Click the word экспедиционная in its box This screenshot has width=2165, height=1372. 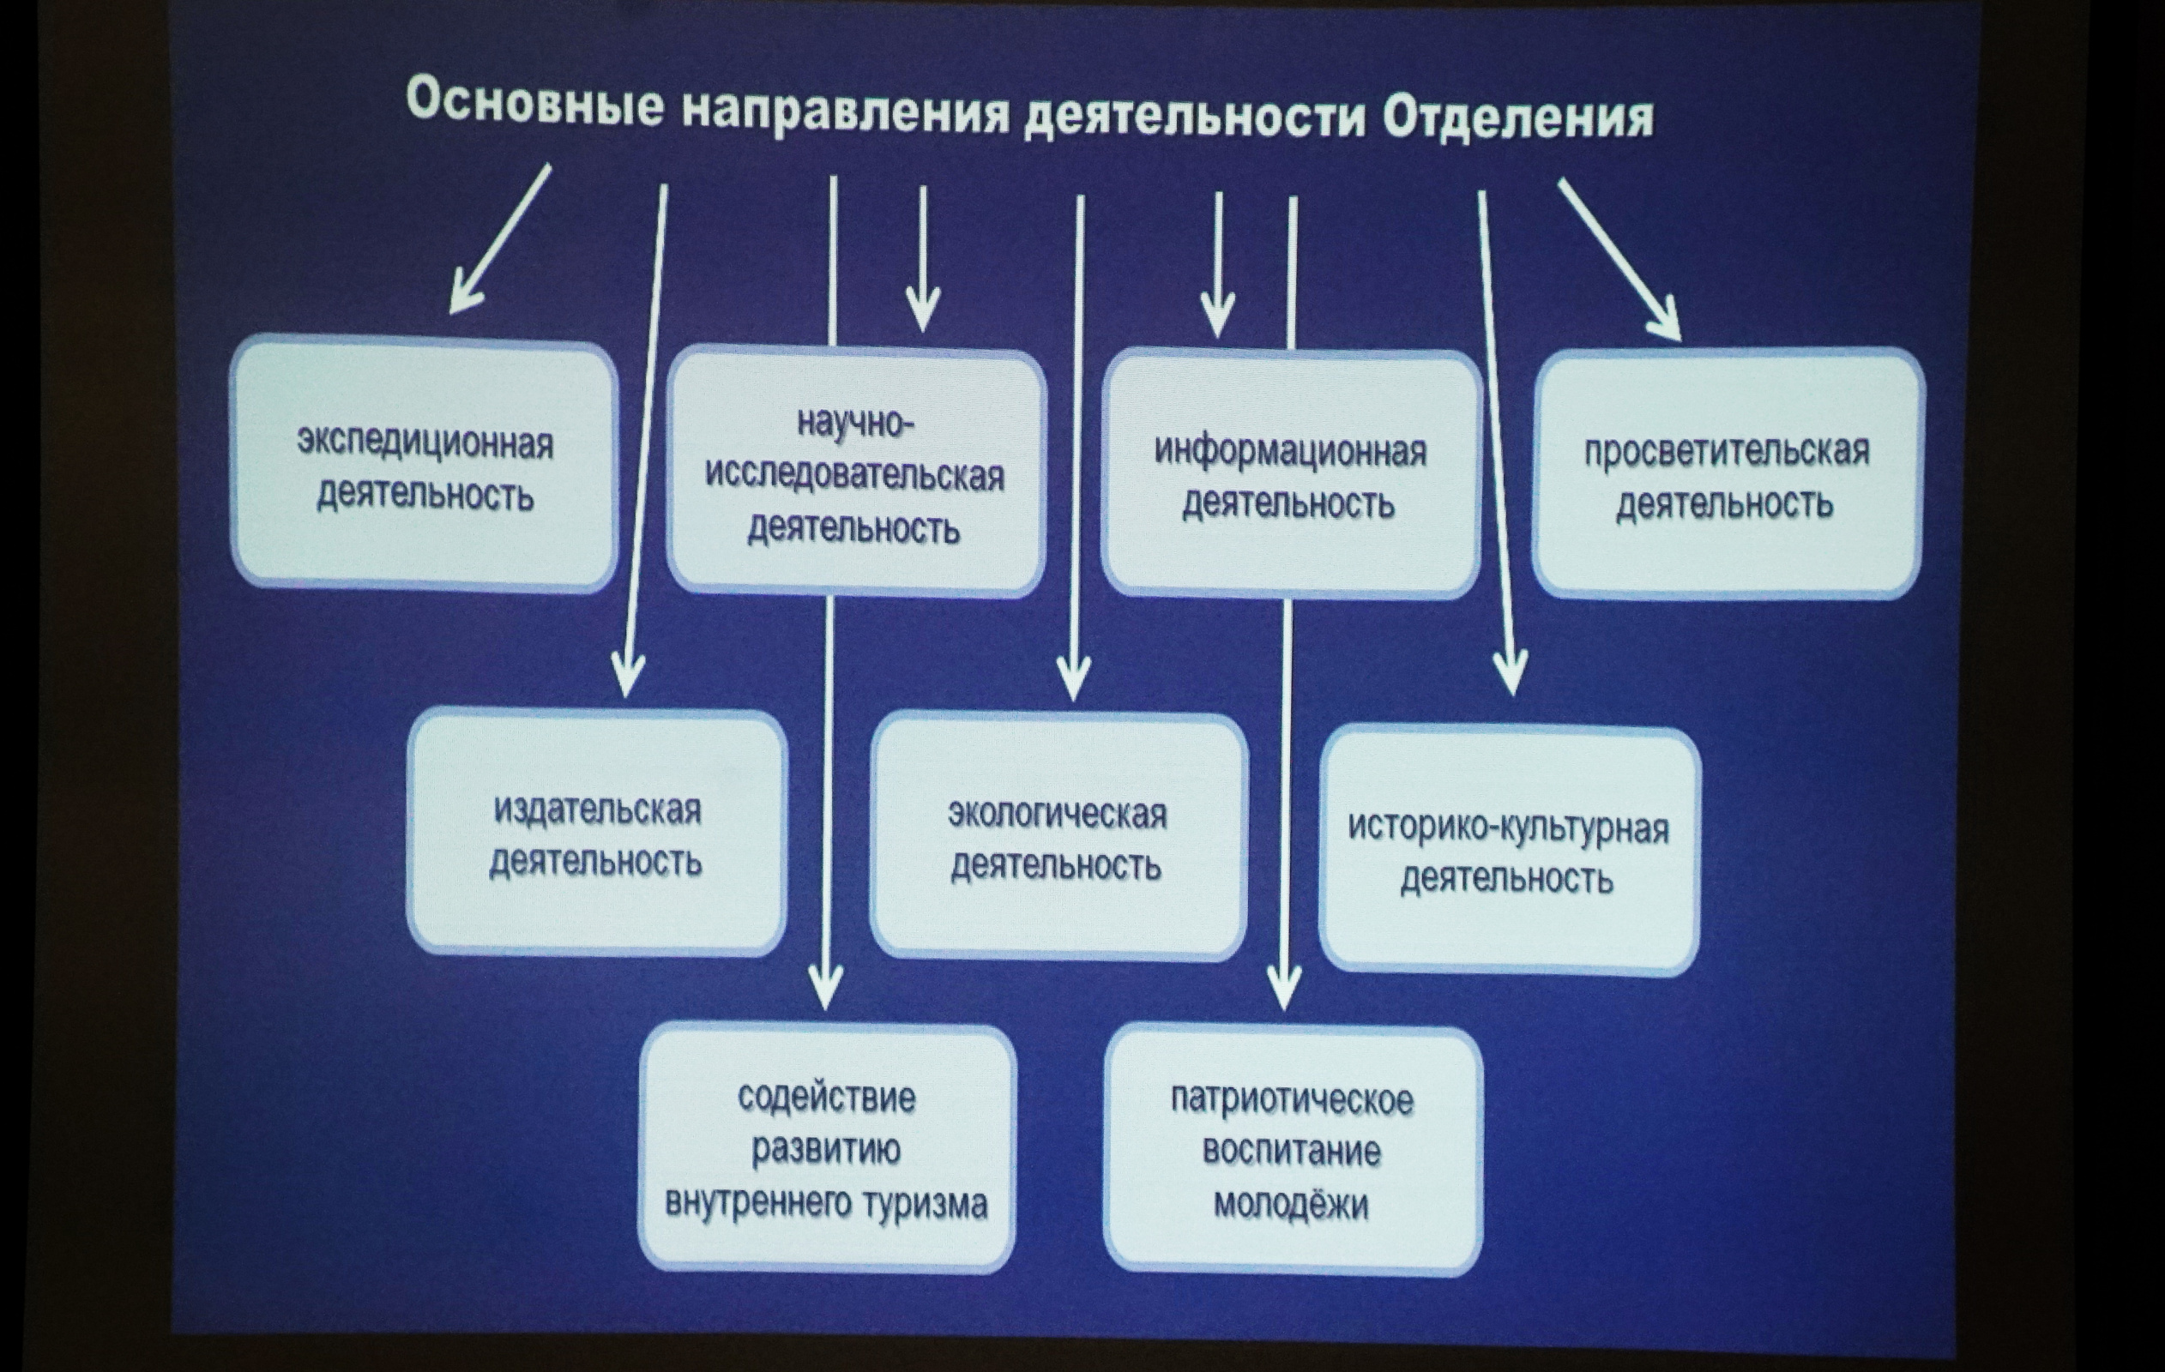pyautogui.click(x=425, y=443)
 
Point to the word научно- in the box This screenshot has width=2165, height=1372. pyautogui.click(x=855, y=423)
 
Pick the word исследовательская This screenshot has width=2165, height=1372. pyautogui.click(x=854, y=476)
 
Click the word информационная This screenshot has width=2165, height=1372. pyautogui.click(x=1290, y=450)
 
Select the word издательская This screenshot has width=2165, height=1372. pyautogui.click(x=597, y=810)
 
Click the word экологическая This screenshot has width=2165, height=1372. pyautogui.click(x=1058, y=815)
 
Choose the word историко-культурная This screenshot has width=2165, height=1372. pyautogui.click(x=1508, y=827)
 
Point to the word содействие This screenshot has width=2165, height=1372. pyautogui.click(x=826, y=1097)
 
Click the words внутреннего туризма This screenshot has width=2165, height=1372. pyautogui.click(x=825, y=1203)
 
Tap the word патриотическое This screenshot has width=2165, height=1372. pyautogui.click(x=1291, y=1099)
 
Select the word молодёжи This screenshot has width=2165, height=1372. pyautogui.click(x=1291, y=1203)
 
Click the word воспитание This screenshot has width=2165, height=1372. pyautogui.click(x=1291, y=1151)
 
